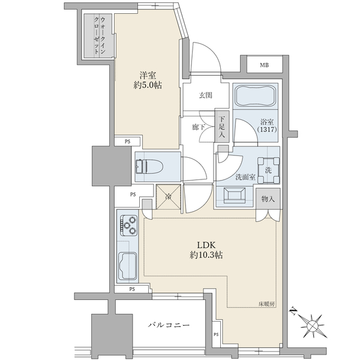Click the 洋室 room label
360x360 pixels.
[x=148, y=76]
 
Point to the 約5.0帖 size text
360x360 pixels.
[x=148, y=86]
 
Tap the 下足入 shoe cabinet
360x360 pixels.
[x=223, y=128]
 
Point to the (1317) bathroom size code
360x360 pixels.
[x=268, y=128]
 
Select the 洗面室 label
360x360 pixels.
[x=245, y=177]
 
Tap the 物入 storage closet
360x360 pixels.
[x=268, y=198]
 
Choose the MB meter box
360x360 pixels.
[x=264, y=65]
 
